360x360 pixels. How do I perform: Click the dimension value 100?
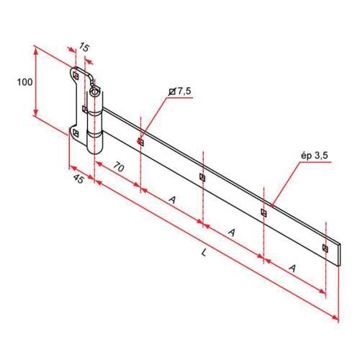click(24, 82)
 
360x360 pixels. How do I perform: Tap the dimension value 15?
click(84, 47)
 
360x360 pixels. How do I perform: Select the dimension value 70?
click(119, 167)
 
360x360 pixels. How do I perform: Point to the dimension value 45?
click(78, 179)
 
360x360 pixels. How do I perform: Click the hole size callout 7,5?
click(184, 91)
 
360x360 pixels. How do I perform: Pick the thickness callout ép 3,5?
click(315, 156)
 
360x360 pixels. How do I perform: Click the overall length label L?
click(204, 253)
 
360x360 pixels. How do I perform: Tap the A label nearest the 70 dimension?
click(172, 199)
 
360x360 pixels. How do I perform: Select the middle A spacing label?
click(231, 233)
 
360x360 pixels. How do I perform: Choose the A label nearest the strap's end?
click(292, 268)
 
